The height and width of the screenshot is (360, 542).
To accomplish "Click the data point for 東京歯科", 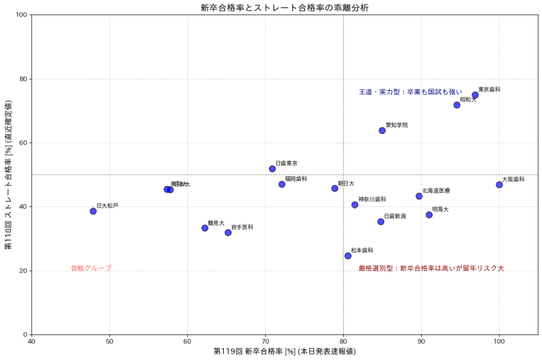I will (475, 95).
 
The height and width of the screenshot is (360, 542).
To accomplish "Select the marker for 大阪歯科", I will (499, 185).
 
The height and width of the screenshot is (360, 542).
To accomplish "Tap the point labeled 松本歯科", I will (348, 256).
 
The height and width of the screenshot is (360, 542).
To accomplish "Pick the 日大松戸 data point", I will (93, 211).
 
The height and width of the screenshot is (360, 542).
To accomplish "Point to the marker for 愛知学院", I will (382, 130).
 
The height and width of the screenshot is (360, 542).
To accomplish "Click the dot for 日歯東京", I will (272, 169).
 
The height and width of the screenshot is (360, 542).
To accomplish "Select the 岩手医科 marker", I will (228, 232).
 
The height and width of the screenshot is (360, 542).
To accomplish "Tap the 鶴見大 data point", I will (205, 228).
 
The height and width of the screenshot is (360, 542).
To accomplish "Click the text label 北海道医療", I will (436, 191).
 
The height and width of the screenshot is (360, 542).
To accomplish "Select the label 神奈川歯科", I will (372, 200).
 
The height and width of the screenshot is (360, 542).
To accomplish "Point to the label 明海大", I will (440, 210).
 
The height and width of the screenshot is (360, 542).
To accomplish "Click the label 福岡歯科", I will (296, 179).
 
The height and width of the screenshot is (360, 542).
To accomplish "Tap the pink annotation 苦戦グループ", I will (91, 268).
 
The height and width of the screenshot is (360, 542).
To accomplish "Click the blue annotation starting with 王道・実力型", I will (411, 92).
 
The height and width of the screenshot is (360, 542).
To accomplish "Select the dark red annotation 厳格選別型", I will (431, 268).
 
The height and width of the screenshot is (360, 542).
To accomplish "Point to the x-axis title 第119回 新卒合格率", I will (284, 352).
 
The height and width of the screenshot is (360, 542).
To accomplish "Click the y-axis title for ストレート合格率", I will (8, 174).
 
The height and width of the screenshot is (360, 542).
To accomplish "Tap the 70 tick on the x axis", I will (266, 342).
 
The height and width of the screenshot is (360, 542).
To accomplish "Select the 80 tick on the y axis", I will (24, 79).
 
